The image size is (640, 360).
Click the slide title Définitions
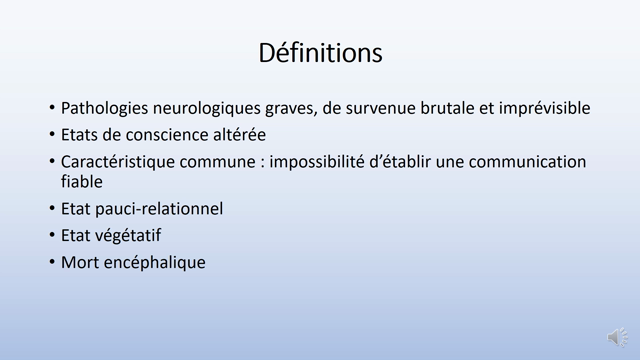coord(320,52)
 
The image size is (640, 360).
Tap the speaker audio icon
coord(617,337)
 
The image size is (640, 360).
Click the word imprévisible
coord(539,108)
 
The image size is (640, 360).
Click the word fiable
coord(82,182)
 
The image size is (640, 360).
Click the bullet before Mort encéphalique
coord(52,263)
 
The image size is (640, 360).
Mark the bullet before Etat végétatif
coord(52,236)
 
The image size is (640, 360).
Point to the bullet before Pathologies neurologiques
coord(52,108)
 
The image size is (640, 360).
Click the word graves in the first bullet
coord(302,108)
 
